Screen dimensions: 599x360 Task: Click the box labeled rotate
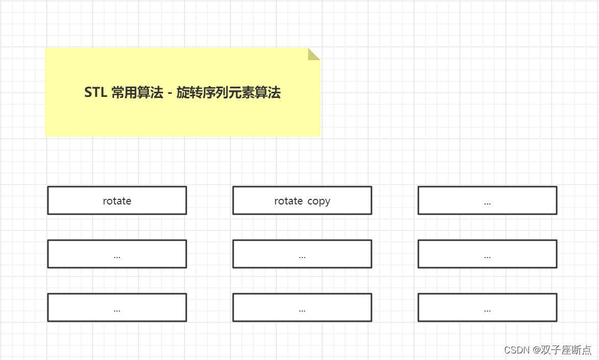tap(117, 200)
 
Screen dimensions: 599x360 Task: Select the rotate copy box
tap(302, 200)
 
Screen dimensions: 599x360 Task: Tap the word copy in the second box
tap(319, 201)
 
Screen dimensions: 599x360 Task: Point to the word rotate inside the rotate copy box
tap(289, 201)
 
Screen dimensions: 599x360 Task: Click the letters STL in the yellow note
tap(95, 93)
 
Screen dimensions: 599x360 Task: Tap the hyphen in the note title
tap(169, 93)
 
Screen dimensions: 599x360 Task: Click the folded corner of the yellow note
tap(314, 54)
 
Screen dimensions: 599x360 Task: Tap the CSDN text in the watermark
tap(517, 350)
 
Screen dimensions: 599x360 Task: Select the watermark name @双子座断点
tap(562, 350)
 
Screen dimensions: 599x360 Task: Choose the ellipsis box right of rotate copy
tap(487, 200)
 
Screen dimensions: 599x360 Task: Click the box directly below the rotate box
tap(117, 254)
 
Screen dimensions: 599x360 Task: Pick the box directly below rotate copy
tap(302, 254)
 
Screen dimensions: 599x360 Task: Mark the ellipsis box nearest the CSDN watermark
tap(487, 307)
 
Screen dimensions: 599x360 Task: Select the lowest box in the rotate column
tap(117, 307)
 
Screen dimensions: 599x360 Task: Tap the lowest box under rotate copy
tap(302, 307)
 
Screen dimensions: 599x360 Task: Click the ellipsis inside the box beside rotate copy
tap(487, 203)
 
